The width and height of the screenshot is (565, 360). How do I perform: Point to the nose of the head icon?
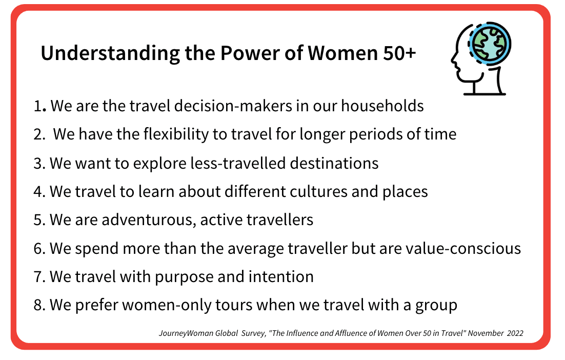(x=454, y=61)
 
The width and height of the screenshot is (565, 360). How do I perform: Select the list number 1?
(x=37, y=106)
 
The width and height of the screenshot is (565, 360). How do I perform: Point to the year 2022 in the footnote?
(x=515, y=333)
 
